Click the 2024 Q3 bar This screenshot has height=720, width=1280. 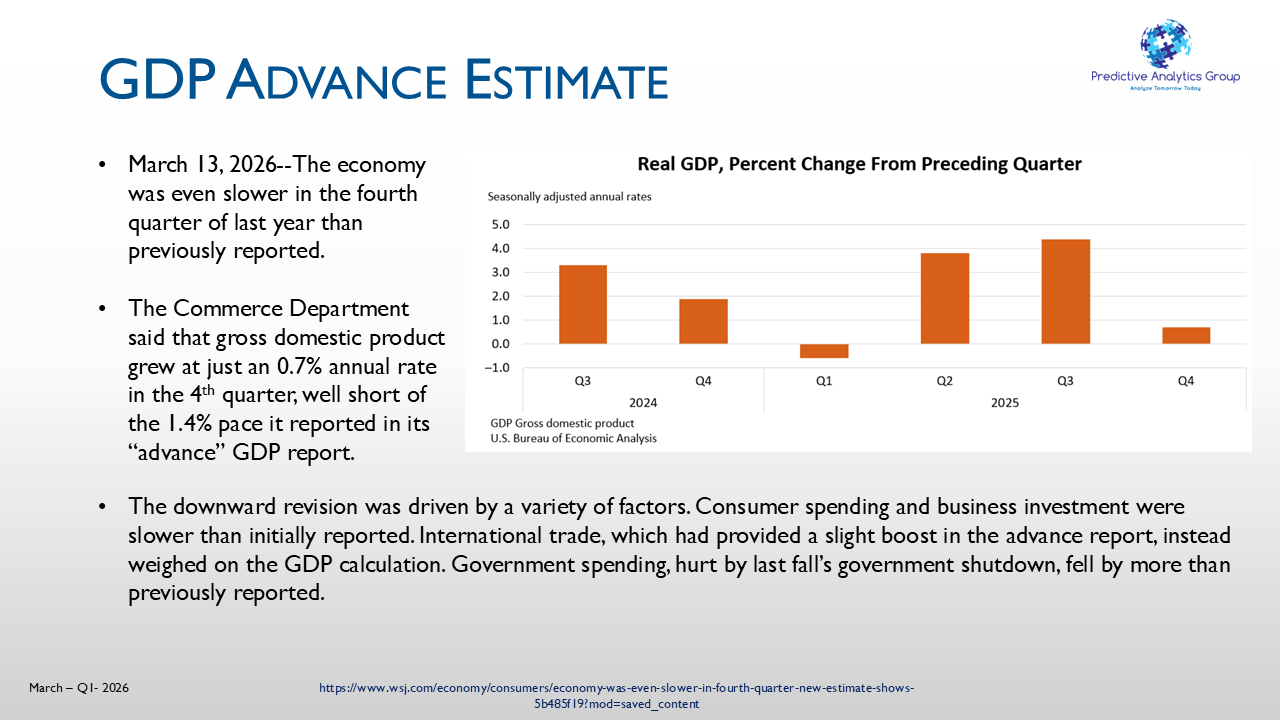click(582, 304)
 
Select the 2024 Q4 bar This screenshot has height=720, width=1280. click(703, 321)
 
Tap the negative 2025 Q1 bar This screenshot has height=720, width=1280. click(824, 351)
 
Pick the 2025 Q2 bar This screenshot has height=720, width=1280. click(945, 298)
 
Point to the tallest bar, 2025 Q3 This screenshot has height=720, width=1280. click(1065, 291)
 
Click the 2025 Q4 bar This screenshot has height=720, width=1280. click(1186, 335)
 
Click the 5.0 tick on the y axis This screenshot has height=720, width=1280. click(500, 224)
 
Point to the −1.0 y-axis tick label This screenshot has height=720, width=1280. click(496, 368)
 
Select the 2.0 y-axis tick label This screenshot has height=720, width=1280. click(500, 296)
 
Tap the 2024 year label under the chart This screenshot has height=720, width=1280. click(642, 403)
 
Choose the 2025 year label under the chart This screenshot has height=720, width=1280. click(1005, 403)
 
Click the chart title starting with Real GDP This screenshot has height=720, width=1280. click(859, 164)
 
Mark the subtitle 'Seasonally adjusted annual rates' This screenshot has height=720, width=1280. click(569, 197)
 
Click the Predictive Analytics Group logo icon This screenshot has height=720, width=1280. click(1165, 43)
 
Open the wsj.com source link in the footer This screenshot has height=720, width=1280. click(616, 696)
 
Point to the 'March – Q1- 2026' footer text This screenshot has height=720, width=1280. click(79, 688)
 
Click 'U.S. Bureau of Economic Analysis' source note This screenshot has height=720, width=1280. click(573, 438)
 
